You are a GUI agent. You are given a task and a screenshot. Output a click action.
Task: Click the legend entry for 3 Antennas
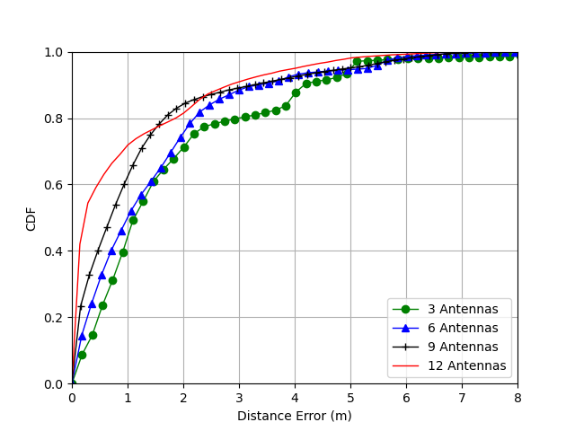coord(463,309)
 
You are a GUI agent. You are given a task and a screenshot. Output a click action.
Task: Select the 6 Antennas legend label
coord(463,328)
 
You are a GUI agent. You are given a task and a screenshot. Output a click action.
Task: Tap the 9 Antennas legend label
coord(463,347)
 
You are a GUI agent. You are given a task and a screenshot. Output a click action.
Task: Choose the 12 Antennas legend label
coord(467,365)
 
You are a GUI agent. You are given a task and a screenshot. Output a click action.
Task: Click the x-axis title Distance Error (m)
coord(295,416)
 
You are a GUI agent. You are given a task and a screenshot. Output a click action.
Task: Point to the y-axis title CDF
coord(31,219)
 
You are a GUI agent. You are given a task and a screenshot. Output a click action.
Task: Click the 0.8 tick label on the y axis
coord(53,119)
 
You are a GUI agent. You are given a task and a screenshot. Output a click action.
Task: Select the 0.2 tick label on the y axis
coord(53,318)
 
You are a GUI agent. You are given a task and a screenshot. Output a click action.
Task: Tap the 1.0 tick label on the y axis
coord(53,53)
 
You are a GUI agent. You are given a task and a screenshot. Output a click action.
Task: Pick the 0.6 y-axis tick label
coord(53,185)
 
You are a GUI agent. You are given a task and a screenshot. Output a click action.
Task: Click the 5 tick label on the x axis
coord(351,398)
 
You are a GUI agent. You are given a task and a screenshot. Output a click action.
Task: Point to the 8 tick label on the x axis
coord(517,398)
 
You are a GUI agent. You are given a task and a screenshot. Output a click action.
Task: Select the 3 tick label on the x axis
coord(240,398)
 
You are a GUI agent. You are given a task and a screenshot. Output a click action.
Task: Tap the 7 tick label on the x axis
coord(462,398)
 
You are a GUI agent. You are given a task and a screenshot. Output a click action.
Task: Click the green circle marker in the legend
coord(405,310)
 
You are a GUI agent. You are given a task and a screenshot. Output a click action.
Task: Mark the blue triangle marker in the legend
coord(405,329)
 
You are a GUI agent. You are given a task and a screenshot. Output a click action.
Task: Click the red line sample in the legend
coord(405,365)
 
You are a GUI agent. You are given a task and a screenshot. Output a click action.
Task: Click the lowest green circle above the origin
coord(82,356)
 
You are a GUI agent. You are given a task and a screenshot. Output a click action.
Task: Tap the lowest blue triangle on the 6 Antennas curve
coord(82,337)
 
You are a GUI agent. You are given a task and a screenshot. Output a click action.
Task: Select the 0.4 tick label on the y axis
coord(53,251)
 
